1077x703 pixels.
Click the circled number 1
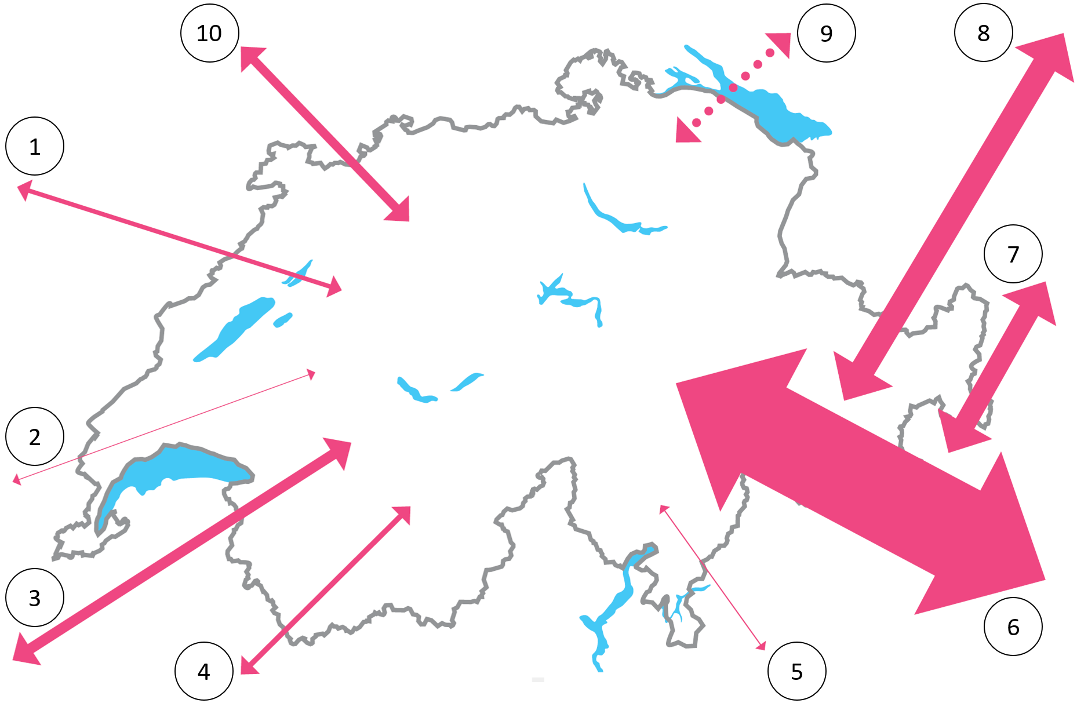[35, 146]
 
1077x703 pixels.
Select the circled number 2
[35, 436]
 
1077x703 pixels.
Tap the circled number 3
[35, 598]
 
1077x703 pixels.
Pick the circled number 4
[204, 671]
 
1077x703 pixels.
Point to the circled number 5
[797, 671]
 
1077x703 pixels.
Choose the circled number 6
[1013, 626]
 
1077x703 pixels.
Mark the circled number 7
[1013, 254]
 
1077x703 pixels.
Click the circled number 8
[984, 32]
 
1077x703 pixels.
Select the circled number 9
[827, 33]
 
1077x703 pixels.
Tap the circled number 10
[210, 33]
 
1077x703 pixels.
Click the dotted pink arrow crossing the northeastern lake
[733, 88]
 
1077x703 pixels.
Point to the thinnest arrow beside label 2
[164, 427]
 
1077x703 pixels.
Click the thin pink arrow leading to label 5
[712, 577]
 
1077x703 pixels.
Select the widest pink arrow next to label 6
[861, 482]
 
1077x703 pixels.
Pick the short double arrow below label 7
[997, 367]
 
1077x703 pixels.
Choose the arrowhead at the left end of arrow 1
[24, 190]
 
